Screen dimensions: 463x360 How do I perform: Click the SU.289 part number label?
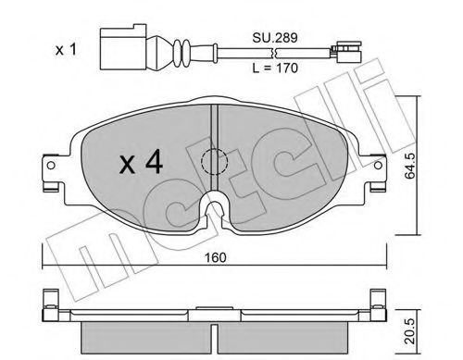click(275, 38)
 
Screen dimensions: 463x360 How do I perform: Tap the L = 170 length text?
click(275, 68)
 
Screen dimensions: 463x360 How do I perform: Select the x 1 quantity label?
click(66, 49)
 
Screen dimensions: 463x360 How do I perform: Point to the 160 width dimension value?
click(215, 257)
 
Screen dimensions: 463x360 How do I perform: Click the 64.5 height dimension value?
click(410, 166)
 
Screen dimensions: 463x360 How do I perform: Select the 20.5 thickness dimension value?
click(410, 331)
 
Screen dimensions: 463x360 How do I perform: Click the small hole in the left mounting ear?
click(51, 166)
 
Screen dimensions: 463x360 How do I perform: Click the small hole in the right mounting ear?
click(378, 166)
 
